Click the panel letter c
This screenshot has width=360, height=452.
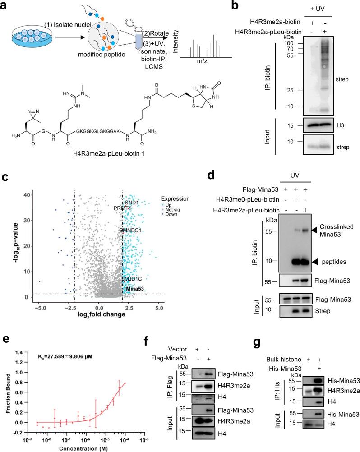[x=5, y=178]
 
